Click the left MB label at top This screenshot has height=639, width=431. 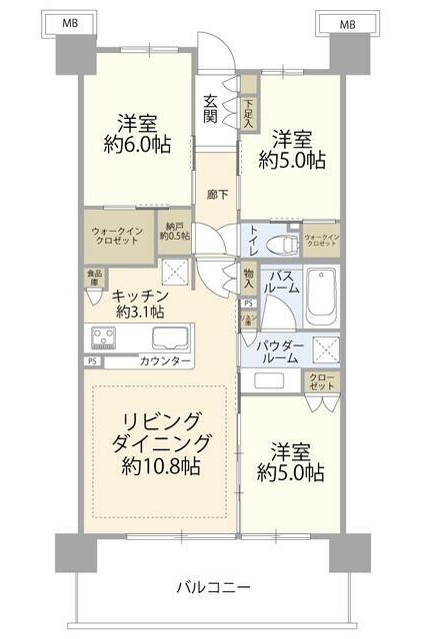tap(68, 22)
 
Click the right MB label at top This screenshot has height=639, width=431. tap(347, 22)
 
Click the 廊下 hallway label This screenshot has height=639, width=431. tap(215, 194)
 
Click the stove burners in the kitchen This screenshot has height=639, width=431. tap(105, 334)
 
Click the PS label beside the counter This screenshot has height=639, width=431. tap(92, 360)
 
